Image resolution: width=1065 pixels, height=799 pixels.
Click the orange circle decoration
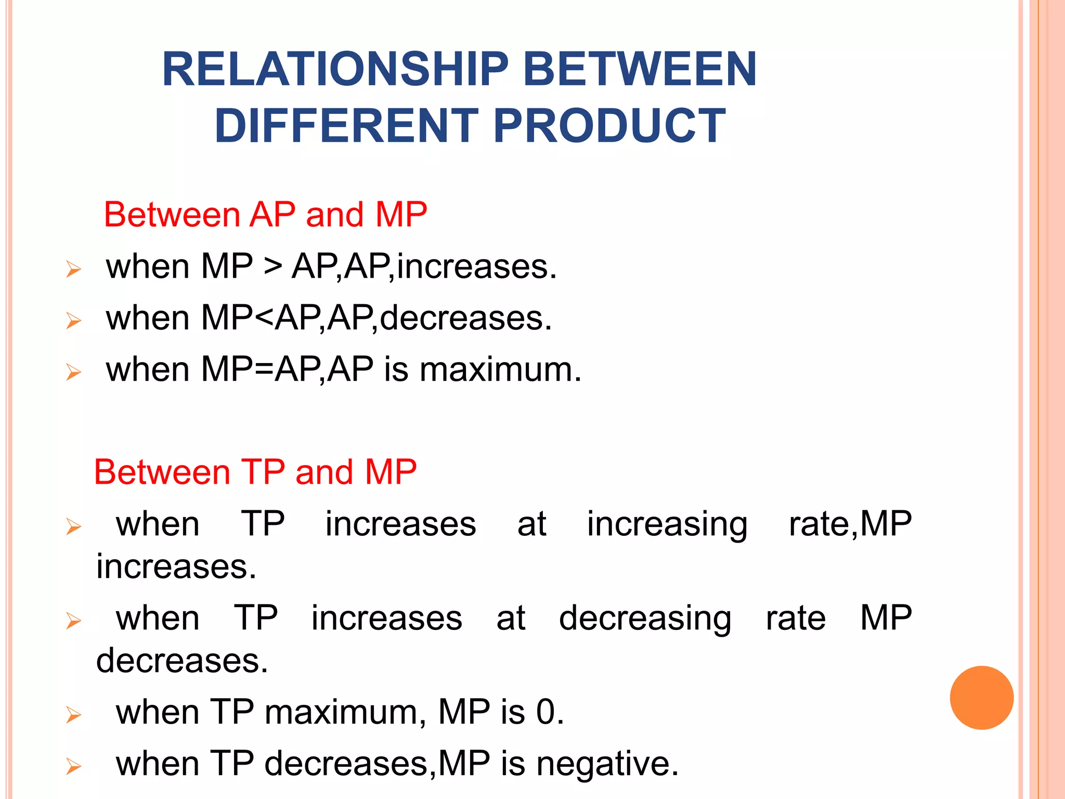[981, 698]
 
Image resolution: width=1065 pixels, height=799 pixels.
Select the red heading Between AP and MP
[265, 214]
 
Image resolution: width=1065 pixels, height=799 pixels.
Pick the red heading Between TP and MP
[255, 472]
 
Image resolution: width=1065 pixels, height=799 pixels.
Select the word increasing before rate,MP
[667, 524]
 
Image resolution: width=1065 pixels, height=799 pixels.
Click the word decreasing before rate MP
[645, 618]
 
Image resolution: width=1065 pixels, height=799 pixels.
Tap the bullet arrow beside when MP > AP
[74, 269]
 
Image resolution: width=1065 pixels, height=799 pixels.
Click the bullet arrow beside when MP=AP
[74, 372]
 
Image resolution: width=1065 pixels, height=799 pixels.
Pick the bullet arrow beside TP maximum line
[74, 715]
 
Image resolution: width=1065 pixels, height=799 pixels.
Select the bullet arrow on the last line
[74, 767]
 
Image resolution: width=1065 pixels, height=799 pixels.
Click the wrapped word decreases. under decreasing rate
[182, 661]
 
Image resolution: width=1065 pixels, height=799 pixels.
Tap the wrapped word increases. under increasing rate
[176, 567]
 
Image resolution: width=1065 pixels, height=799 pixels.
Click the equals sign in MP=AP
[264, 370]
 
